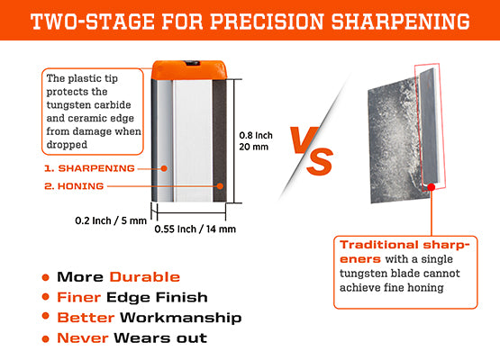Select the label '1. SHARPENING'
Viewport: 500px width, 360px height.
[x=89, y=168]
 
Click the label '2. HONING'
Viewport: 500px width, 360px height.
[x=75, y=186]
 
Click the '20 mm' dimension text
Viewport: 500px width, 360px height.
[x=256, y=146]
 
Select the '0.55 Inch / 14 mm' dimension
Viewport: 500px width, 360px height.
[x=195, y=229]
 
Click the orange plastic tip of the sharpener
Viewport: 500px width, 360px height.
[x=188, y=67]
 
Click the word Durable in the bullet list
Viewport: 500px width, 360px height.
[x=145, y=277]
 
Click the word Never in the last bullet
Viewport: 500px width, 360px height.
[x=82, y=338]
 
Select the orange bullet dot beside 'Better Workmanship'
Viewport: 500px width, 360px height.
[x=45, y=318]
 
